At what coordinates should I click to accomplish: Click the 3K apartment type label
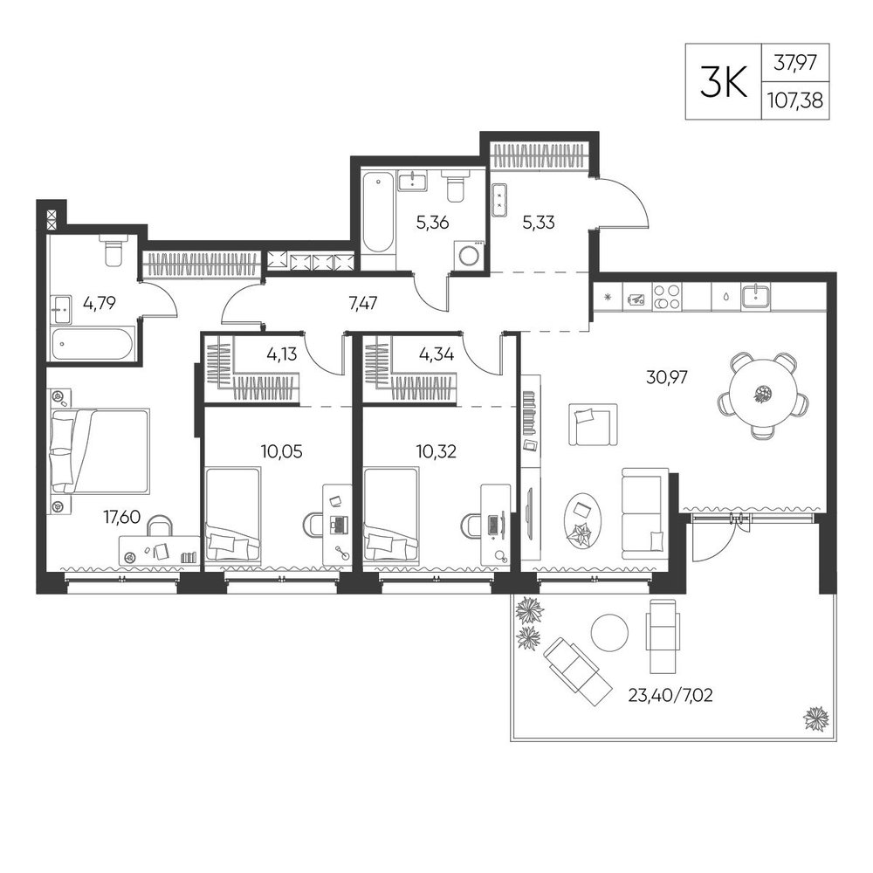[723, 81]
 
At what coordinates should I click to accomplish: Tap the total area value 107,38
[794, 100]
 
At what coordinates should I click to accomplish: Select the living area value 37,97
[795, 62]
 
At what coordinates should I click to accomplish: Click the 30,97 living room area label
[666, 377]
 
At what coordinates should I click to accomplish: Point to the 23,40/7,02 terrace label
[670, 695]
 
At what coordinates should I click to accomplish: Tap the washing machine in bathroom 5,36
[468, 254]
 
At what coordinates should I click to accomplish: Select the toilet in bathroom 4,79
[114, 251]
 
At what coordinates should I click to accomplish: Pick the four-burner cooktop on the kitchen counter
[666, 297]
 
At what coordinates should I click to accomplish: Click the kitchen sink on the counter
[756, 297]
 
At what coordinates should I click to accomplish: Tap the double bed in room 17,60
[100, 451]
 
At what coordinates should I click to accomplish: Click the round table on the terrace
[609, 633]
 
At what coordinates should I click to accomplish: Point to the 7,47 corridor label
[362, 303]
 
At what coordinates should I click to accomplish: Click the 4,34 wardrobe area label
[436, 354]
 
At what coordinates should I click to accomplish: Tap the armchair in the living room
[593, 425]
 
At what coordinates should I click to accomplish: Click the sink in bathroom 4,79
[61, 310]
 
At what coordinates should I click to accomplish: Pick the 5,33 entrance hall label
[538, 222]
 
